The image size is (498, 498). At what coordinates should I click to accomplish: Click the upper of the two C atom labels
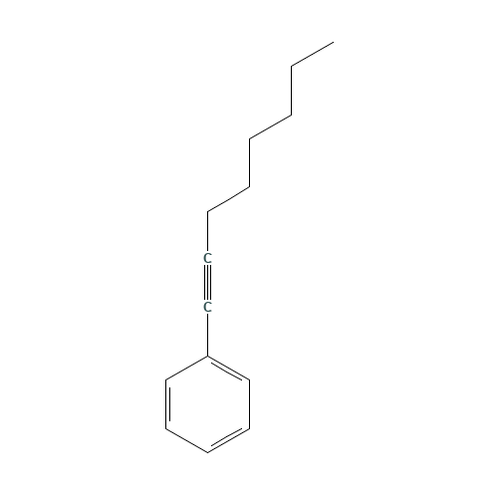tap(207, 259)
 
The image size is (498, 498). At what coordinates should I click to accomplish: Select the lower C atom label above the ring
tap(207, 307)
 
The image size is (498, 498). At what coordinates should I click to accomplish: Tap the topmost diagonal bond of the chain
tap(312, 55)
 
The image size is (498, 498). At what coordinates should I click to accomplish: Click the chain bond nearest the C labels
tap(228, 199)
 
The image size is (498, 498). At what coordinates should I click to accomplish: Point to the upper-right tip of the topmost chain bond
tap(333, 43)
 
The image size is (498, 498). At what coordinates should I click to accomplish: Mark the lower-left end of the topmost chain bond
tap(292, 67)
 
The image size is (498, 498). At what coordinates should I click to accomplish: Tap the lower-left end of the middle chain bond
tap(250, 138)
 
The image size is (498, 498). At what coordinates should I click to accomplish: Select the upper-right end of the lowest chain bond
tap(249, 187)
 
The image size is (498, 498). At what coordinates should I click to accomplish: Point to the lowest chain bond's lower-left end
tap(208, 211)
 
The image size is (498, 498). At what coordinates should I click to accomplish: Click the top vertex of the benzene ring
tap(207, 356)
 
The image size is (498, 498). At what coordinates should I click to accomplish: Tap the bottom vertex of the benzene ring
tap(207, 452)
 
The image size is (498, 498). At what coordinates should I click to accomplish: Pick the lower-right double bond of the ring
tap(228, 439)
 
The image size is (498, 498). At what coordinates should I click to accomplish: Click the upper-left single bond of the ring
tap(186, 368)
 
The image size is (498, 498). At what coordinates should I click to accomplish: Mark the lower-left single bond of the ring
tap(186, 440)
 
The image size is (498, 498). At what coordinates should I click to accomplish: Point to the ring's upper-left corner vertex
tap(165, 379)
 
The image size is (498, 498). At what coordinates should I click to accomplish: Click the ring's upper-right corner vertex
tap(249, 379)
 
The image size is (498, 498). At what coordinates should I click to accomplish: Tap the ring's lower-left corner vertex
tap(165, 428)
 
